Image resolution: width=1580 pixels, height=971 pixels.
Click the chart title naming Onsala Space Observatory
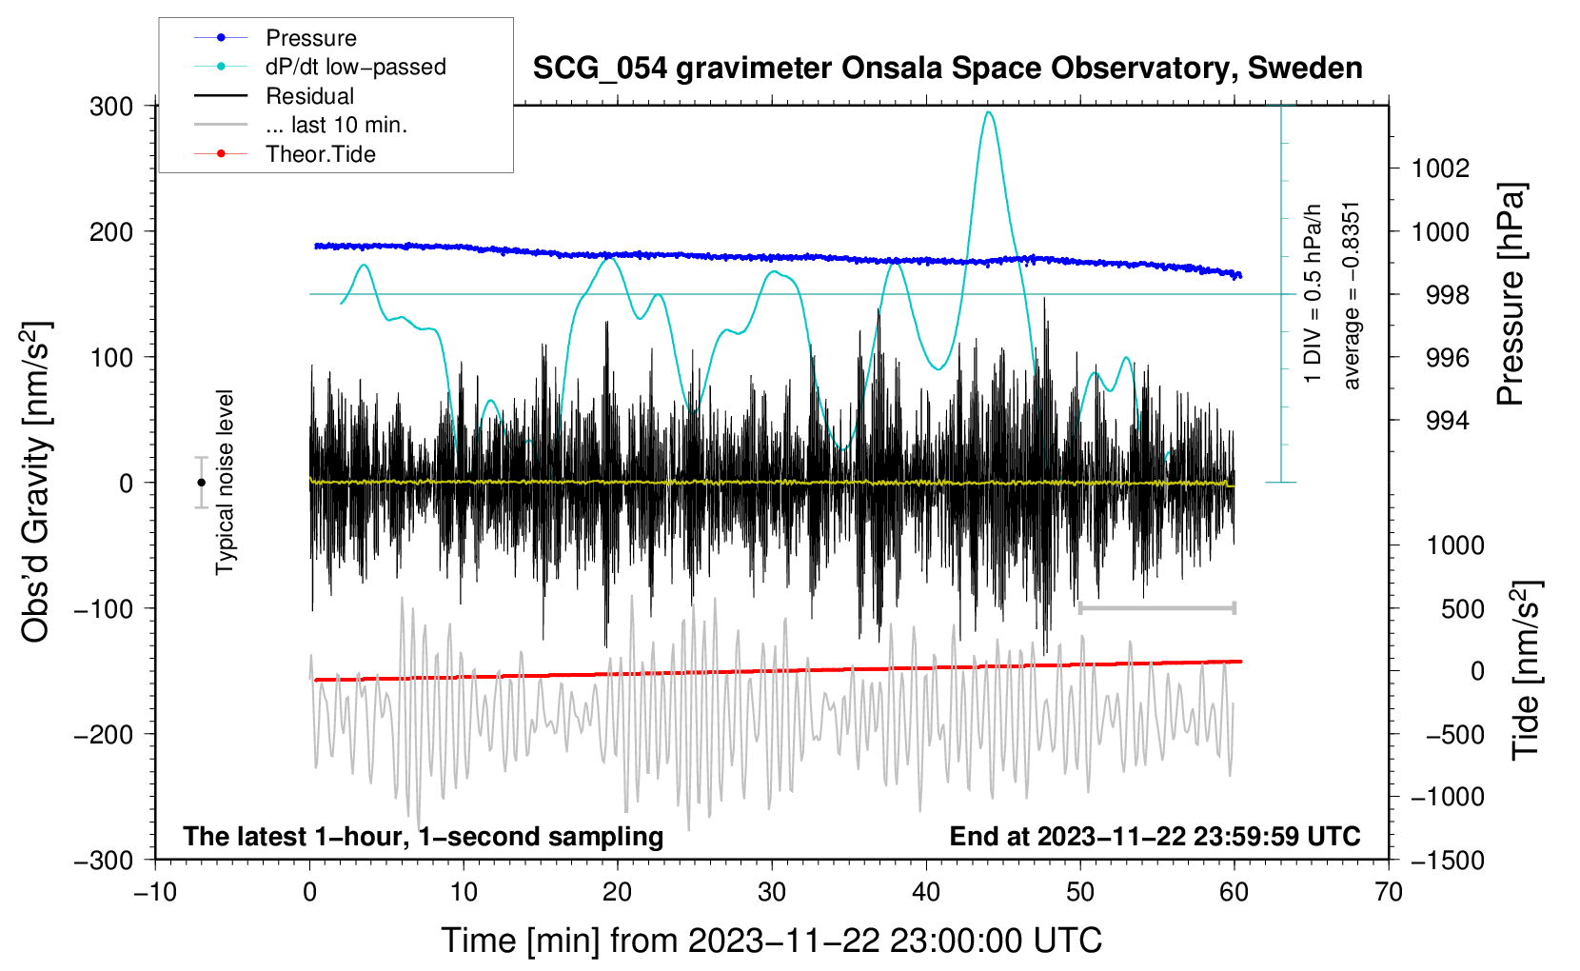[x=947, y=69]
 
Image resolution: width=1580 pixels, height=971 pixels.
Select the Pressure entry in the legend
[x=310, y=38]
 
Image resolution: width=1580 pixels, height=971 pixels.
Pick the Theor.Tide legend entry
[x=320, y=154]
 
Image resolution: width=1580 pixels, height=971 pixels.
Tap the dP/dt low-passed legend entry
[x=355, y=67]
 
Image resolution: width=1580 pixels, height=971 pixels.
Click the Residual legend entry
[x=309, y=96]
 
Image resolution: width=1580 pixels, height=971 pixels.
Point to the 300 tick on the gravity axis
[x=111, y=106]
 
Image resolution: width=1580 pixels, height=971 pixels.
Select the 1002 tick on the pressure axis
[x=1440, y=168]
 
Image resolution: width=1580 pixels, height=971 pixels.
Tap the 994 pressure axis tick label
[x=1447, y=421]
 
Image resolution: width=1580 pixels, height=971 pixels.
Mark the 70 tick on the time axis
[x=1389, y=892]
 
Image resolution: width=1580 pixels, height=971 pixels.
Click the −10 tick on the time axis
[x=155, y=892]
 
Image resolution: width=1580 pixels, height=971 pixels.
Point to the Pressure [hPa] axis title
[x=1511, y=294]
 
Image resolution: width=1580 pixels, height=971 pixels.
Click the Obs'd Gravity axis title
[x=36, y=482]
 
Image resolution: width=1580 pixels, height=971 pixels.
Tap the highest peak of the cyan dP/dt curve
[x=990, y=112]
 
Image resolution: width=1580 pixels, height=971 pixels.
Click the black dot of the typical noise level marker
[x=201, y=483]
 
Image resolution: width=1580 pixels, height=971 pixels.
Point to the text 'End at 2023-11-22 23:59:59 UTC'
[x=1155, y=836]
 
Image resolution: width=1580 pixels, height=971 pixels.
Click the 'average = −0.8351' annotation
[x=1352, y=295]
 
